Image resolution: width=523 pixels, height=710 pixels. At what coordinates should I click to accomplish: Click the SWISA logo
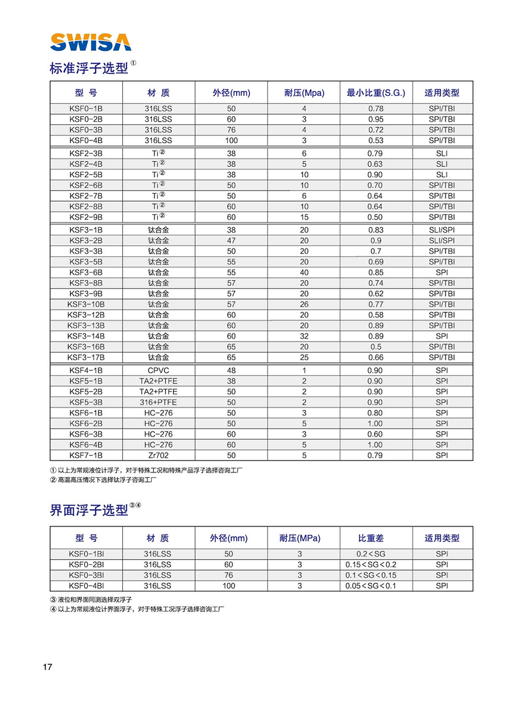click(90, 42)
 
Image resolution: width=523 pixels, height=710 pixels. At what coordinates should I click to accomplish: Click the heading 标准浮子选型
click(89, 69)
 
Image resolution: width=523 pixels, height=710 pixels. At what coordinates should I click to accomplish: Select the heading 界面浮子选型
click(89, 510)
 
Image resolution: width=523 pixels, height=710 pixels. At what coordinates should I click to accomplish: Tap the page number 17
click(47, 667)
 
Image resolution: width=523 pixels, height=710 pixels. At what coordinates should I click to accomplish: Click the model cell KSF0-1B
click(86, 109)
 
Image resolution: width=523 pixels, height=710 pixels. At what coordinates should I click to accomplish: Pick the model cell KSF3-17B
click(86, 357)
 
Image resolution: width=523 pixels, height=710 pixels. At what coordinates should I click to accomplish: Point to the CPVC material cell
click(158, 370)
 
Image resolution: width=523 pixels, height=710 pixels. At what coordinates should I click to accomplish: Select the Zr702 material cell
click(158, 456)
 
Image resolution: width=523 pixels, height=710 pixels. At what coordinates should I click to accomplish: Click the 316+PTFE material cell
click(158, 402)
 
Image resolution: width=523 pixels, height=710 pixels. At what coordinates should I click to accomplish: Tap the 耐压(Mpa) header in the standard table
click(304, 93)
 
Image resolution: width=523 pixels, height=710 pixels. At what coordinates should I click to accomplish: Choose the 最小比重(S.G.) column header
click(376, 93)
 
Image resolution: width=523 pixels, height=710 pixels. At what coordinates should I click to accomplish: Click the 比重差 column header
click(371, 538)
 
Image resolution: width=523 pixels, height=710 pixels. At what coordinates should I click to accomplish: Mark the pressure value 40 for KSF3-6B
click(304, 272)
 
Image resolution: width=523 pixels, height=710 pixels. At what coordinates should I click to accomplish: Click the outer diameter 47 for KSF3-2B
click(231, 240)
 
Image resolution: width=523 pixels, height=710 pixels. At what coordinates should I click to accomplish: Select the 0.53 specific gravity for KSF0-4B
click(376, 140)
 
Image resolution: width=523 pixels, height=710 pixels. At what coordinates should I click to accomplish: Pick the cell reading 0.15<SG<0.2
click(371, 565)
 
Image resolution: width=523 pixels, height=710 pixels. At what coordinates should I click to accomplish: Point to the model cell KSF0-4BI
click(86, 586)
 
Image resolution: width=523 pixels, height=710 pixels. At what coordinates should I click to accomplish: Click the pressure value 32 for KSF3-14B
click(304, 336)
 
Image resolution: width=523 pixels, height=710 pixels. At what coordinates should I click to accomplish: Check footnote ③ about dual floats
click(91, 599)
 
